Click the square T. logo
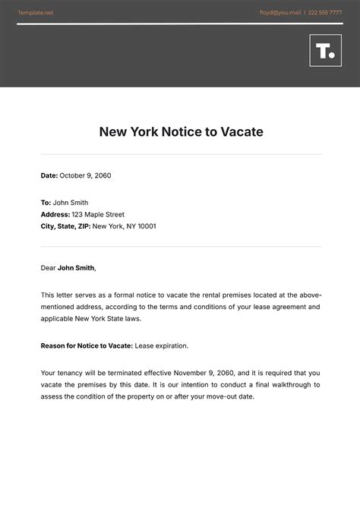click(x=325, y=50)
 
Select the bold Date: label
click(x=49, y=175)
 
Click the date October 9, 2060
click(x=86, y=175)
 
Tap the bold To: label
click(x=46, y=203)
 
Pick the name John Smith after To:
click(x=71, y=203)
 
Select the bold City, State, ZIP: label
click(x=65, y=226)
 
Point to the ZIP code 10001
click(x=145, y=226)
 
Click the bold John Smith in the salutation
click(x=76, y=267)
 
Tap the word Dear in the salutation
click(x=48, y=267)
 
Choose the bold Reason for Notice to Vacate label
click(x=87, y=346)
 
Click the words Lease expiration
click(x=162, y=346)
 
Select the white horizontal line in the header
click(x=180, y=24)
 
